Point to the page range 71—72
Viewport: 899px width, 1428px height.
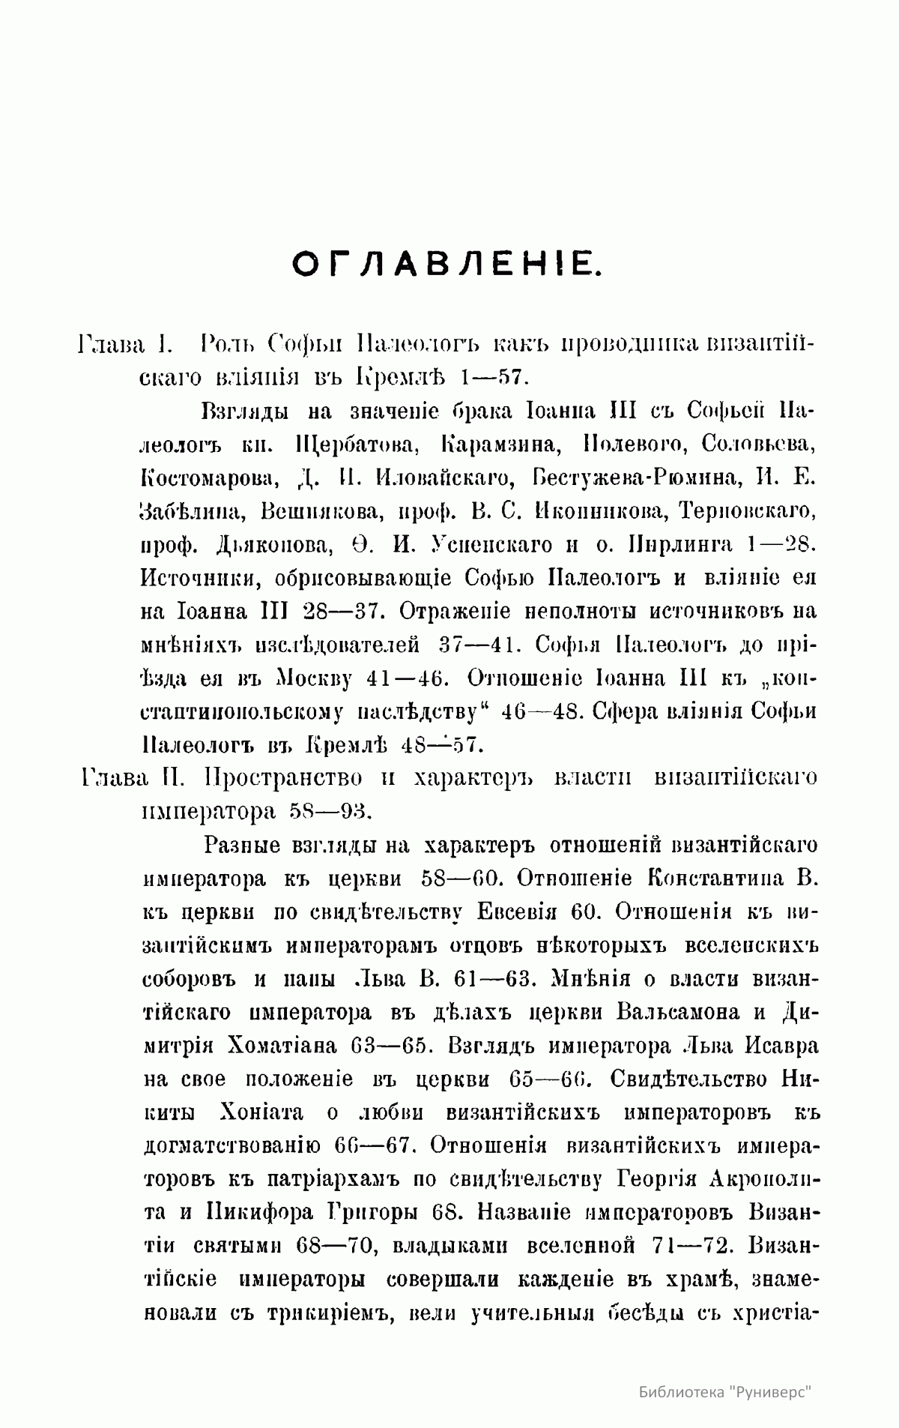[x=687, y=1246]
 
